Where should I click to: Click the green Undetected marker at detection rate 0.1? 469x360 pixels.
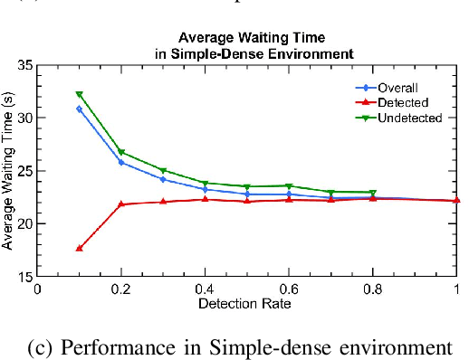tap(79, 94)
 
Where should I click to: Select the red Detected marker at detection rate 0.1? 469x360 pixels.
tap(79, 248)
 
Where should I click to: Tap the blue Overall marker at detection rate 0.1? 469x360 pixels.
tap(79, 109)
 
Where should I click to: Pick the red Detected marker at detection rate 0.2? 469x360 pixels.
tap(121, 204)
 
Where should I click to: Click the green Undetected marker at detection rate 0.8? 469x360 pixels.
tap(373, 193)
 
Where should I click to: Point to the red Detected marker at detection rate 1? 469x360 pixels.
tap(456, 200)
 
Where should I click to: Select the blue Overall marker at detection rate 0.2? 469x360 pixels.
tap(121, 162)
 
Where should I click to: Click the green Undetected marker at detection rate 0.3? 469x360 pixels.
tap(163, 170)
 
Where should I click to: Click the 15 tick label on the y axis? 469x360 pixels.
tap(24, 276)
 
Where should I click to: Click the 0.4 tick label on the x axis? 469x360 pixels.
tap(205, 289)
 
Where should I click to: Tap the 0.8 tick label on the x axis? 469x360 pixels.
tap(373, 289)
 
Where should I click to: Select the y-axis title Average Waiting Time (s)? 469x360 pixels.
tap(8, 170)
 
